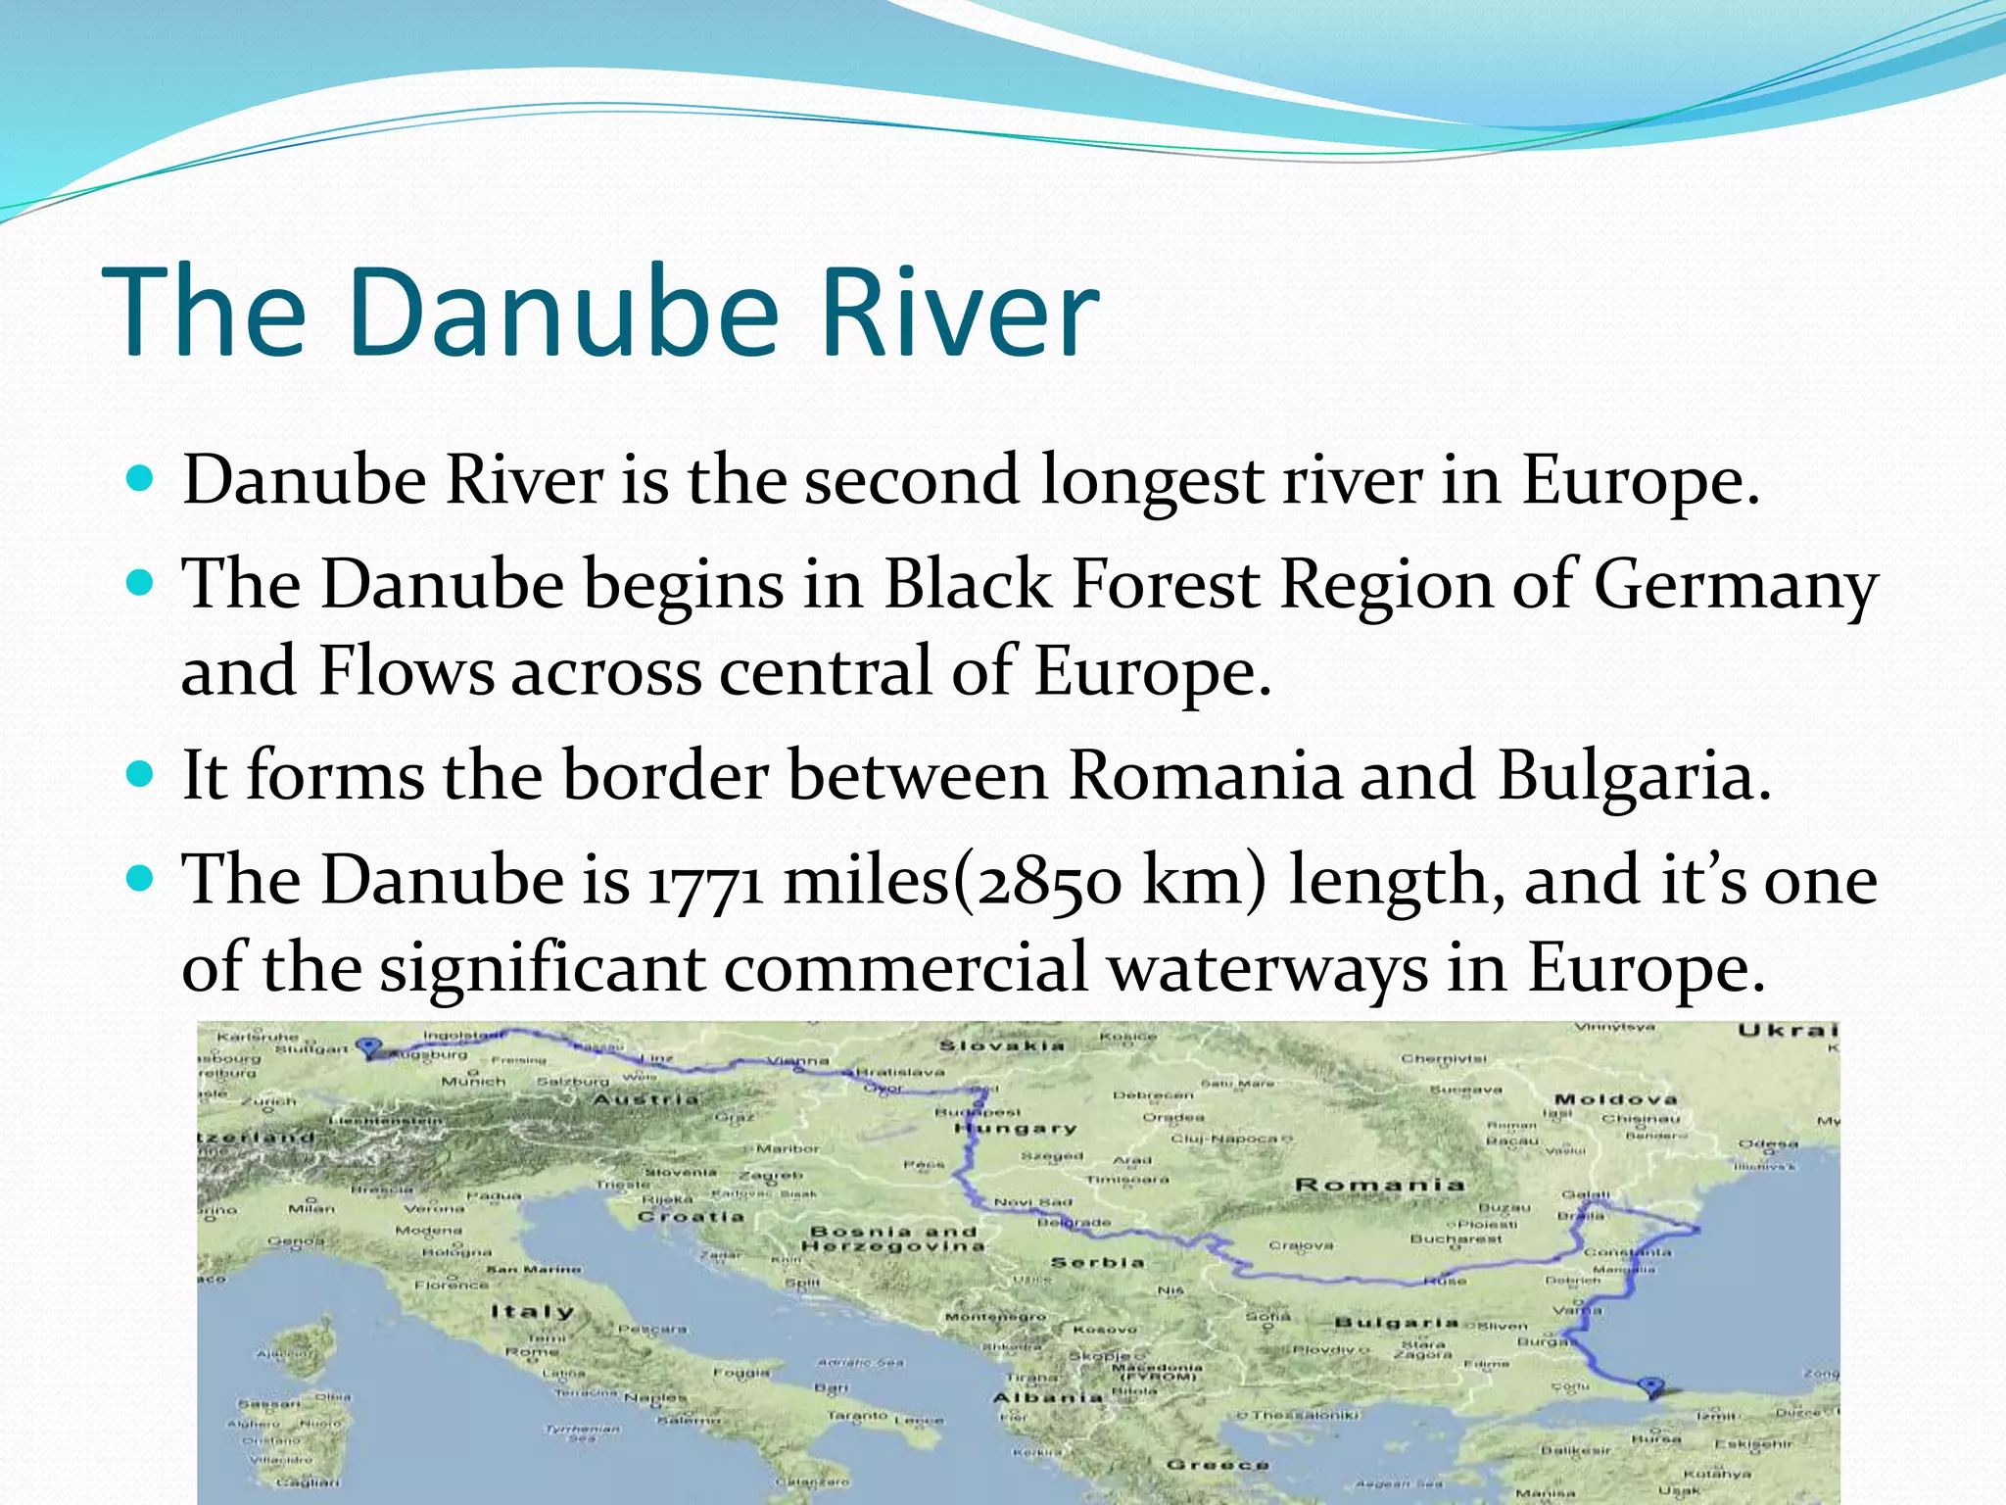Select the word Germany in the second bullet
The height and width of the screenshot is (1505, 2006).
click(x=1735, y=586)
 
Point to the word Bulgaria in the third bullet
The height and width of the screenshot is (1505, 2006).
click(x=1633, y=776)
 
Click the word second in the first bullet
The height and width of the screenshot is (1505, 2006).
click(x=912, y=481)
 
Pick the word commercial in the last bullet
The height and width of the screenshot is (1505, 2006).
click(x=906, y=968)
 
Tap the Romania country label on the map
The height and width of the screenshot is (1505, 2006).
click(x=1379, y=1185)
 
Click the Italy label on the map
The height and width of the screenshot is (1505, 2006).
click(x=532, y=1311)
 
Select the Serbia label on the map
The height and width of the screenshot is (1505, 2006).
click(x=1097, y=1262)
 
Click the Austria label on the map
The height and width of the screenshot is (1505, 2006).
click(x=646, y=1099)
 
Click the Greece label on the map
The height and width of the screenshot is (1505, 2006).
click(x=1218, y=1465)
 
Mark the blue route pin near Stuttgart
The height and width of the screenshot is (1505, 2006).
click(x=368, y=1047)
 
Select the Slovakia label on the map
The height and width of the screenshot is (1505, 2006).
click(x=1001, y=1045)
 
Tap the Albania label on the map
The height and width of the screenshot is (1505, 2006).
click(x=1048, y=1397)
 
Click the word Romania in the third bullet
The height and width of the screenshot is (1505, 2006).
click(x=1204, y=776)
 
